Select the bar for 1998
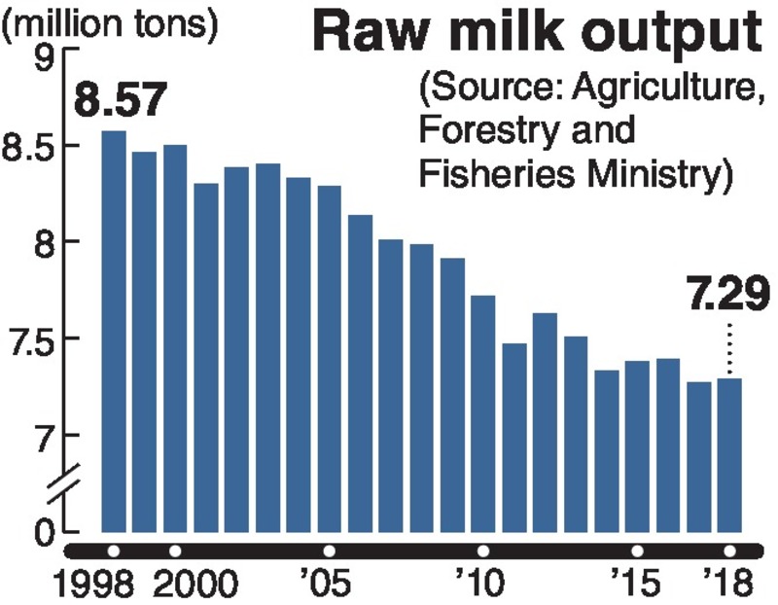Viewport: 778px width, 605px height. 114,331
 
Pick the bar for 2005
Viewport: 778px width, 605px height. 329,359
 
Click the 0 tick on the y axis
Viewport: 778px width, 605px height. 43,531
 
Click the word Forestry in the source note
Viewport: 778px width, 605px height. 480,130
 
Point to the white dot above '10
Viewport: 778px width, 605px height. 483,551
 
